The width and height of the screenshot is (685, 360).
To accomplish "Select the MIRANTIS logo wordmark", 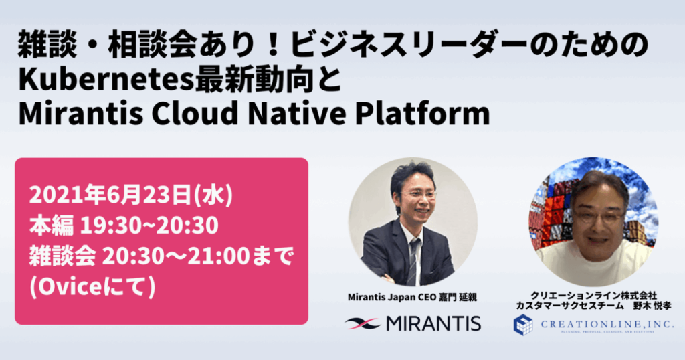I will pos(433,324).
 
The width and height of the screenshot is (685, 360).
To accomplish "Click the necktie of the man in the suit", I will pos(415,258).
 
